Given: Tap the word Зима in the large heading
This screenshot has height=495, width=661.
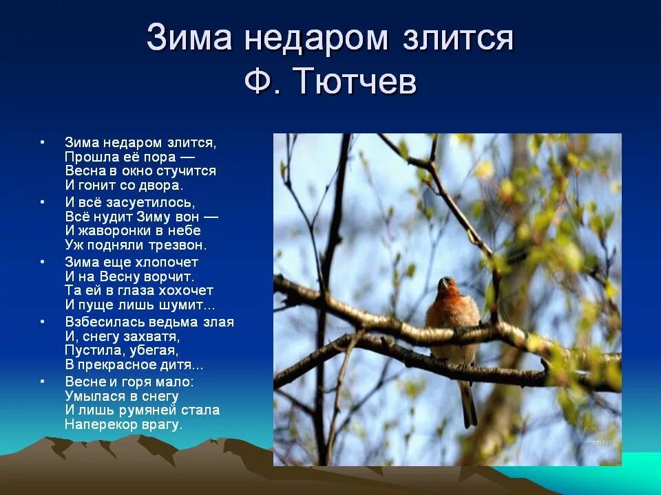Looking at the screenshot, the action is click(x=189, y=37).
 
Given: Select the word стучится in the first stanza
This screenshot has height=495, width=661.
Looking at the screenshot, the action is click(x=187, y=171).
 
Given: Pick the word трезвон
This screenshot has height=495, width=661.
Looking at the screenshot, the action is click(x=180, y=245).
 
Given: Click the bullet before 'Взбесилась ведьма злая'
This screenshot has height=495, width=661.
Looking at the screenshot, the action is click(x=42, y=322).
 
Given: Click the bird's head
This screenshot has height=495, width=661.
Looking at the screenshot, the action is click(x=448, y=286).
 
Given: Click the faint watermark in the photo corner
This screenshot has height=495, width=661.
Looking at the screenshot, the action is click(x=598, y=443).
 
